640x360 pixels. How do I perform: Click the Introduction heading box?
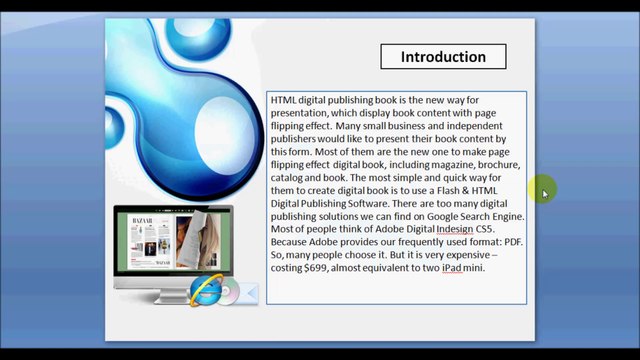pyautogui.click(x=443, y=57)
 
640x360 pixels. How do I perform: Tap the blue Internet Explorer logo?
pyautogui.click(x=205, y=290)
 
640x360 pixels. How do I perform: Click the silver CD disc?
pyautogui.click(x=228, y=293)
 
